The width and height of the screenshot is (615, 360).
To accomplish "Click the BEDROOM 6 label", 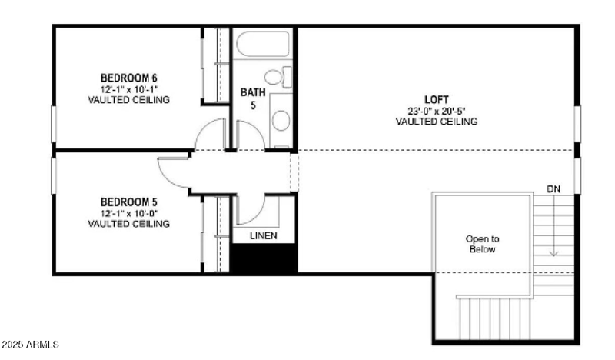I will [x=128, y=78].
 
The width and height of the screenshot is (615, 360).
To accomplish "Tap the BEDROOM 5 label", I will [x=128, y=202].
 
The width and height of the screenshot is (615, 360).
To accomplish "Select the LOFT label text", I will [x=436, y=99].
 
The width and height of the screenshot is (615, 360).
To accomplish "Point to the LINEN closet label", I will [x=264, y=235].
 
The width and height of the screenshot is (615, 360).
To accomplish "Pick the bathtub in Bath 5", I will [x=262, y=44].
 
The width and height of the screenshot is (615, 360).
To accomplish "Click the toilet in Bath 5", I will [x=278, y=77].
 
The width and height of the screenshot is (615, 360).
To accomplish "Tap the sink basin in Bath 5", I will [x=281, y=121].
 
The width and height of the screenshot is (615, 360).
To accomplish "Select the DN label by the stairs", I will [x=553, y=188].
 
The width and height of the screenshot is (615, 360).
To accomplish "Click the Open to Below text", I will [x=482, y=244].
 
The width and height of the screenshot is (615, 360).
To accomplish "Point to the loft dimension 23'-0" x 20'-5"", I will [x=436, y=111].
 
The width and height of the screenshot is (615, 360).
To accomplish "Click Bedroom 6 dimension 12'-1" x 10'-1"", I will [x=128, y=89].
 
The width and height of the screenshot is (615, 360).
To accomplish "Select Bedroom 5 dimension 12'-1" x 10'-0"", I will [x=128, y=213].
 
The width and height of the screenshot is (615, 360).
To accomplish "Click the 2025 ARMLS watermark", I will [x=30, y=344].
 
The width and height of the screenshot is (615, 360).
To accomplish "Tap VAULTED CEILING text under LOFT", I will [x=436, y=122].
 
